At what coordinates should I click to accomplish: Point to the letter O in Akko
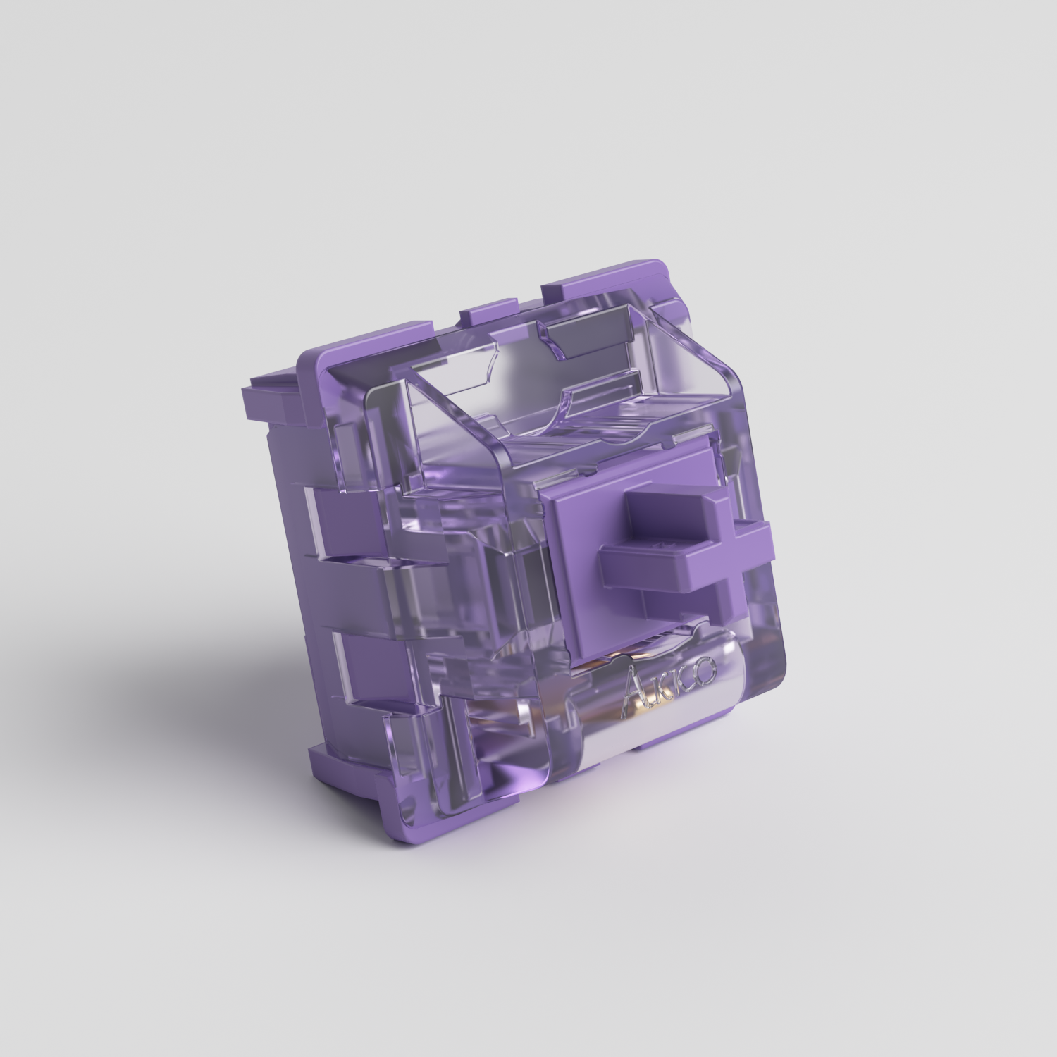707,669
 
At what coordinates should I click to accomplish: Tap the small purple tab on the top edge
490,310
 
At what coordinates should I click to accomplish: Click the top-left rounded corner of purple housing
310,359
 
